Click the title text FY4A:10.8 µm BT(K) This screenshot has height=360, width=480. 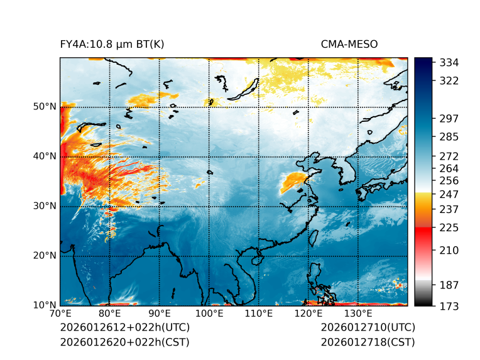(112, 44)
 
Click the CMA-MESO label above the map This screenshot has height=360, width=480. (349, 44)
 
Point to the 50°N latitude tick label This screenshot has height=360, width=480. (45, 107)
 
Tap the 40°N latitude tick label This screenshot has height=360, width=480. (45, 156)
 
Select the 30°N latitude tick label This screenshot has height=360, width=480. (45, 206)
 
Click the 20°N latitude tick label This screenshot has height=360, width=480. (45, 256)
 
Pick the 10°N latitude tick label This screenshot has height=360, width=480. (45, 305)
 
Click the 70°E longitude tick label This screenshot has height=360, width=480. (60, 314)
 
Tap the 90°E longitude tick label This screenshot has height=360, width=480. (160, 314)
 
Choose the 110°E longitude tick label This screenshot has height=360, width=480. (258, 314)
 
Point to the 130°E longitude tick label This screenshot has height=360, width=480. (357, 314)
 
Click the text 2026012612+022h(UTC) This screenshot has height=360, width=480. (125, 328)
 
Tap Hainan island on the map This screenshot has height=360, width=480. (256, 259)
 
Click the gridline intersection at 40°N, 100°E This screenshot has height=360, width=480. (209, 156)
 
